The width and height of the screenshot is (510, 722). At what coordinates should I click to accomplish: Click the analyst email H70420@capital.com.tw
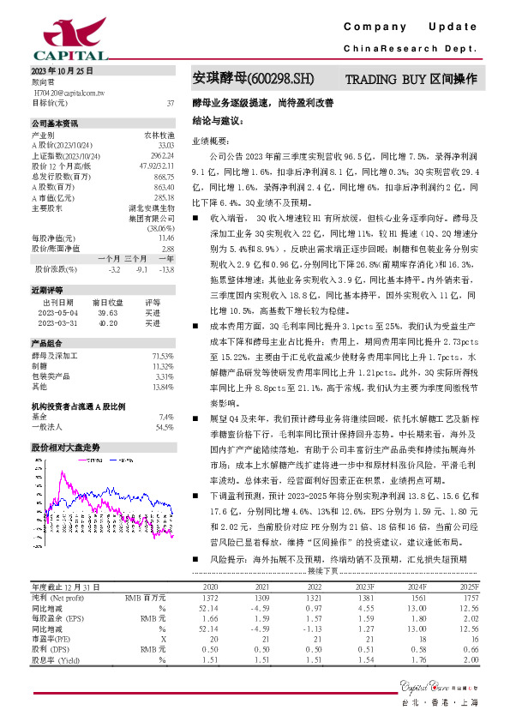tap(68, 91)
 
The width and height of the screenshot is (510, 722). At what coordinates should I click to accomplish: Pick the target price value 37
tap(171, 102)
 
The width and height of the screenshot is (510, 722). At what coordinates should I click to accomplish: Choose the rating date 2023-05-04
tap(58, 315)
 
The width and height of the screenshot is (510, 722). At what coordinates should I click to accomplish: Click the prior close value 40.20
tap(108, 324)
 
